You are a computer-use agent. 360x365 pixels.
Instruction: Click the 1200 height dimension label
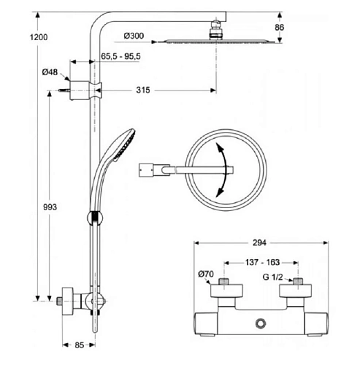(39, 37)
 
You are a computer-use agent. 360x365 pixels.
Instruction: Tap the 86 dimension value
(279, 27)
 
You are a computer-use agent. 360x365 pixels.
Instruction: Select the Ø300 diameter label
(134, 36)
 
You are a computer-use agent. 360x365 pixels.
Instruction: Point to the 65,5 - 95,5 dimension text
(120, 56)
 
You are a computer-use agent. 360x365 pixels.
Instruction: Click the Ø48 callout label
(50, 72)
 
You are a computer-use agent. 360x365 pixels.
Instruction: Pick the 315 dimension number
(143, 90)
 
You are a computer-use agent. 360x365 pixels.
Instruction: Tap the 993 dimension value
(50, 207)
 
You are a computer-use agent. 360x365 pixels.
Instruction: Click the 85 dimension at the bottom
(79, 345)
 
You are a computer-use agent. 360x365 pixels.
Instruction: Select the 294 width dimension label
(259, 242)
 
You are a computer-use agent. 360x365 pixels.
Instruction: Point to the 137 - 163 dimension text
(262, 262)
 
